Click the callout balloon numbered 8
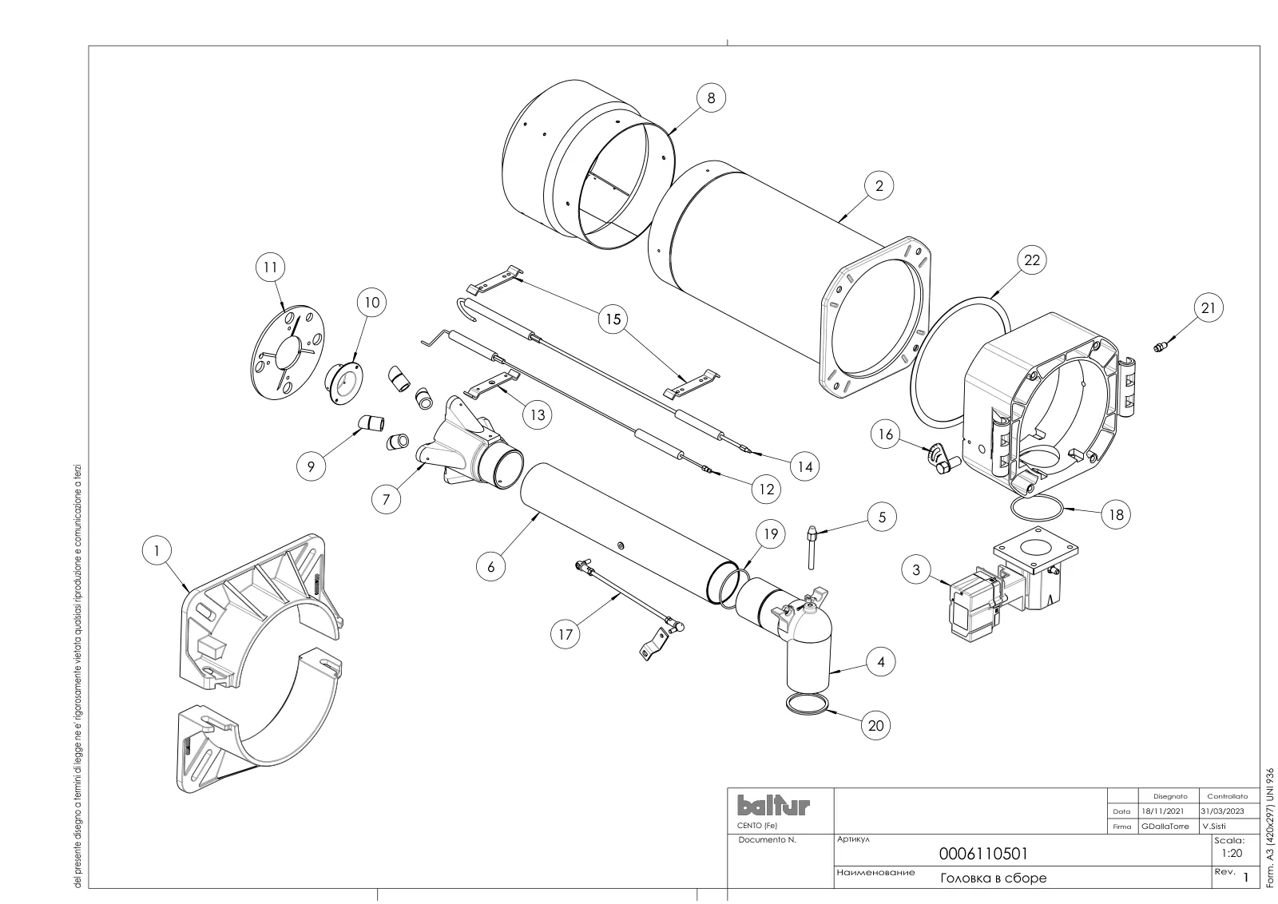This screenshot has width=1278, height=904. click(x=711, y=98)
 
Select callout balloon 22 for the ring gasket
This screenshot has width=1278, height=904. click(x=1032, y=260)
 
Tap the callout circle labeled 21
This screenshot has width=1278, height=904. click(x=1209, y=308)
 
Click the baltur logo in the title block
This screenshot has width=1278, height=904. click(x=773, y=806)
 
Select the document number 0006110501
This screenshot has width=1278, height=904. click(x=983, y=853)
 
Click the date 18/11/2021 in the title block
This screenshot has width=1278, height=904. click(x=1162, y=811)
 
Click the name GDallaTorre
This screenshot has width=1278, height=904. click(x=1165, y=826)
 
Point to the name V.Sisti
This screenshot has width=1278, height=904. click(x=1213, y=826)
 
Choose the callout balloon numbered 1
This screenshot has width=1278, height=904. click(x=157, y=550)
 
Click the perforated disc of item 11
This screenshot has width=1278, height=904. click(x=286, y=352)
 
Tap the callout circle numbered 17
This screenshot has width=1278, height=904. click(x=565, y=634)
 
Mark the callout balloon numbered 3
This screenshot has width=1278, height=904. click(x=916, y=569)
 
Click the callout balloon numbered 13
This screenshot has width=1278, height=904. click(x=538, y=414)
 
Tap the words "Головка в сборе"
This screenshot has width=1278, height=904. click(x=994, y=878)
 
